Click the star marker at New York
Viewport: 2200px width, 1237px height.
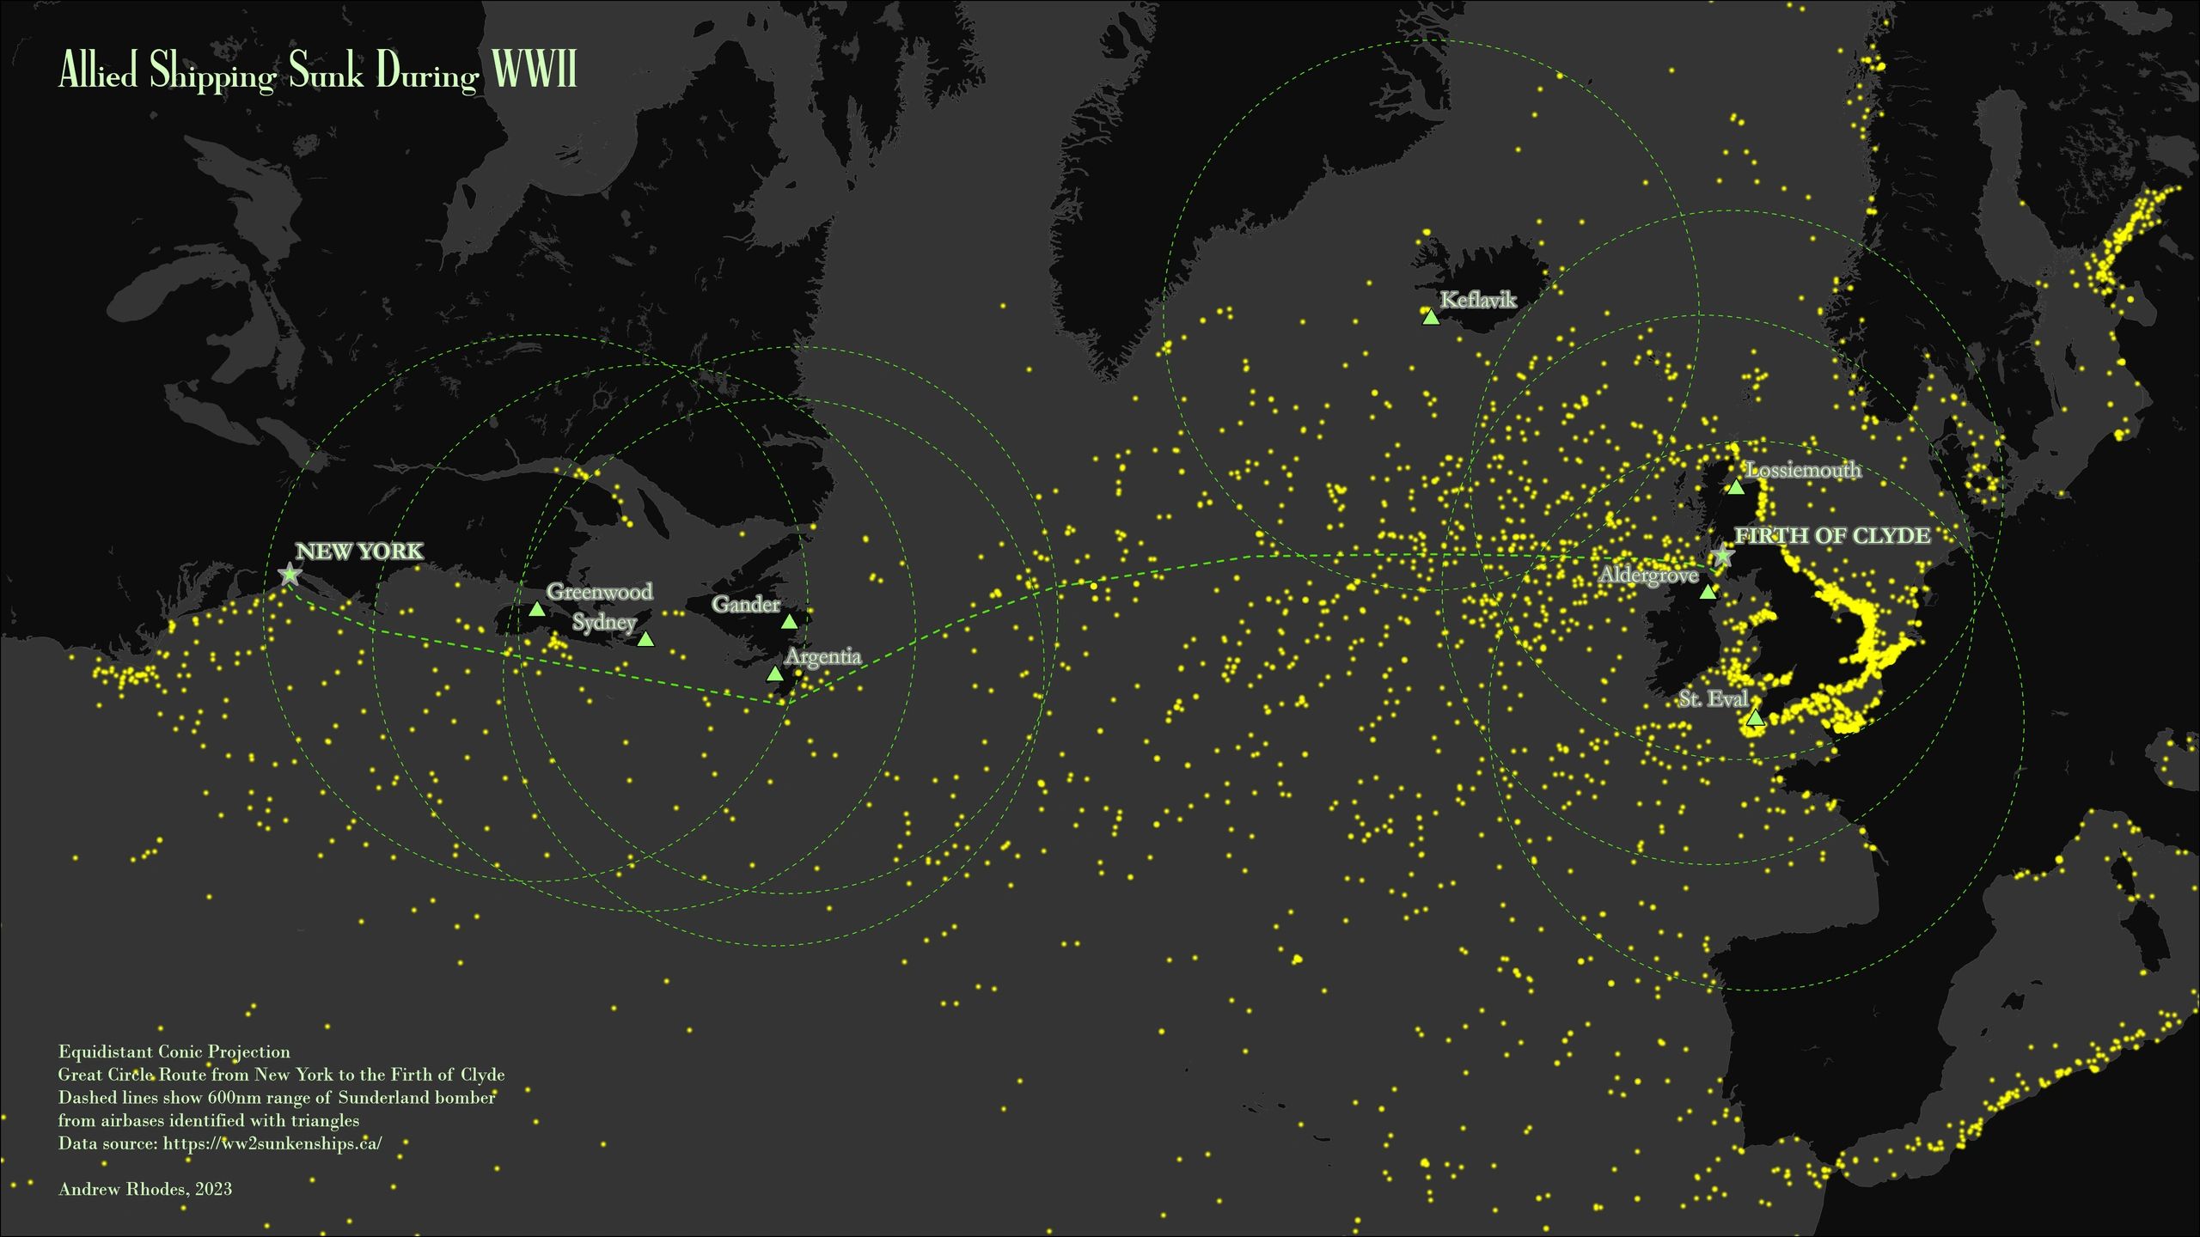290,574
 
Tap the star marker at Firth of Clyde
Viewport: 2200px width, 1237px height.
1721,555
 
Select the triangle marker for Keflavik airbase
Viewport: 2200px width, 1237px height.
1430,318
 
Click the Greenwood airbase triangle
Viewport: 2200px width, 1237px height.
537,610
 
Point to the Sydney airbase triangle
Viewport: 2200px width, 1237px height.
645,639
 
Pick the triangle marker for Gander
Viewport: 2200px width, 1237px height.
789,621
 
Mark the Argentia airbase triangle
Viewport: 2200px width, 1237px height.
774,674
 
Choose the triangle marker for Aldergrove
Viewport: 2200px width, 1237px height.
1708,592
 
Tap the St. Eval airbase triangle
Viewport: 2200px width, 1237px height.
1755,718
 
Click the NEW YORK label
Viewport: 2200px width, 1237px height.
359,551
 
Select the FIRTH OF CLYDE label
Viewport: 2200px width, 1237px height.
1832,536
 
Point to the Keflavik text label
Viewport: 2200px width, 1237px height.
1478,300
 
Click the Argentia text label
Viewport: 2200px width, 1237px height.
822,657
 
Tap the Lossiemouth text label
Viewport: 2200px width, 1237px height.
1804,471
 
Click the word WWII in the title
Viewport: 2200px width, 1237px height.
535,70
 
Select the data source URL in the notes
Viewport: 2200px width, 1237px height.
272,1143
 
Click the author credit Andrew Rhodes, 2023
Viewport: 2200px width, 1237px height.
145,1189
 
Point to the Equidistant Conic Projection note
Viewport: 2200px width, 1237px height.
174,1051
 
